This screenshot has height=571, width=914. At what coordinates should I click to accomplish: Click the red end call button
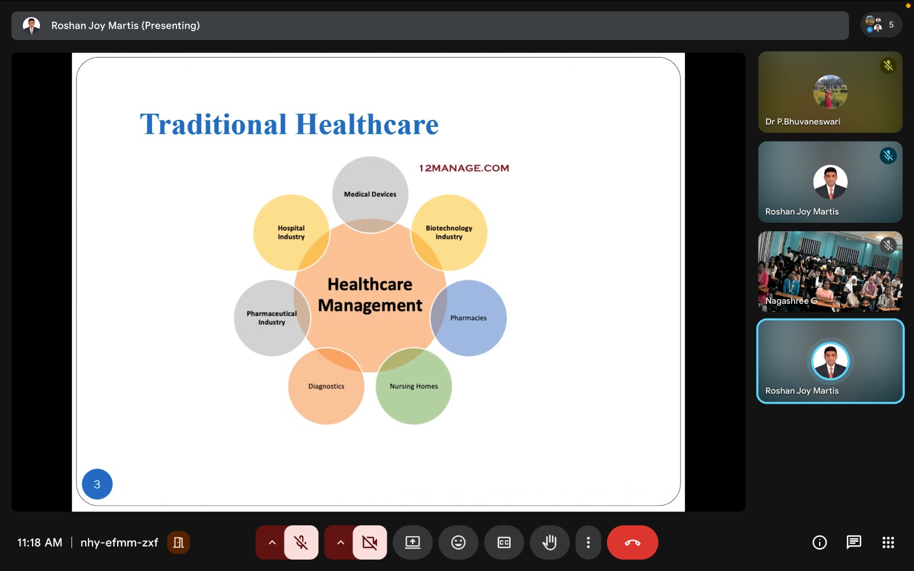[x=632, y=542]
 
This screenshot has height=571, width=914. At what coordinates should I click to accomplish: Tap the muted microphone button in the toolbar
[x=301, y=542]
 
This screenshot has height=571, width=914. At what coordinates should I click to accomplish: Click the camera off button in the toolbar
[x=370, y=542]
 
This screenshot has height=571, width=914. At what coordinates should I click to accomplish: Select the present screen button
[x=412, y=542]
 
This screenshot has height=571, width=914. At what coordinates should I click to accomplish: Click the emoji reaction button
[x=458, y=542]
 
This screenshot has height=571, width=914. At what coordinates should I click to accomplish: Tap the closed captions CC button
[x=504, y=542]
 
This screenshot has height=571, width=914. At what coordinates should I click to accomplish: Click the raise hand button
[x=550, y=542]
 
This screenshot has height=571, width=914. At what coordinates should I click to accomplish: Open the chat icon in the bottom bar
[x=853, y=542]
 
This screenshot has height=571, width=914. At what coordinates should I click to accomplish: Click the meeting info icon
[x=819, y=542]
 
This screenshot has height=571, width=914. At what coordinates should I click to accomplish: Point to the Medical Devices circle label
[x=370, y=194]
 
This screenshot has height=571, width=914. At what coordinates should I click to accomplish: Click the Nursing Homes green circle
[x=414, y=386]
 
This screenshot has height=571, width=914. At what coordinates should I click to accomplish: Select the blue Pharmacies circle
[x=468, y=317]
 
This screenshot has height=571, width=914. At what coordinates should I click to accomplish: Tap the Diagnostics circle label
[x=326, y=386]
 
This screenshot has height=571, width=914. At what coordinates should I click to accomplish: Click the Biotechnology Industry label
[x=449, y=232]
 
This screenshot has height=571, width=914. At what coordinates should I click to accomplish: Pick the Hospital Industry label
[x=291, y=232]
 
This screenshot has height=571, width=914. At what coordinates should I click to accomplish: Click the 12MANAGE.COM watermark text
[x=464, y=168]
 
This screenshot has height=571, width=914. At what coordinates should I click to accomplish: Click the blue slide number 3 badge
[x=97, y=484]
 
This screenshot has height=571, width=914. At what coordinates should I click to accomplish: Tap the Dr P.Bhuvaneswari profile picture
[x=830, y=92]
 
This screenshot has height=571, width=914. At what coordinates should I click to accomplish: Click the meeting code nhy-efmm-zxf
[x=119, y=542]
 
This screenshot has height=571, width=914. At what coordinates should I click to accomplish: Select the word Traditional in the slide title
[x=213, y=124]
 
